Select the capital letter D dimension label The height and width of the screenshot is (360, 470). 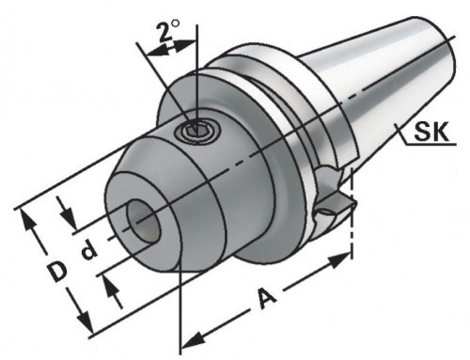click(x=57, y=273)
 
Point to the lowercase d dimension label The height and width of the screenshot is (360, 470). click(x=86, y=252)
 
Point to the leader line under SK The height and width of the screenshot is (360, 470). click(x=423, y=146)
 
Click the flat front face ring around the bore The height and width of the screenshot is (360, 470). click(x=122, y=202)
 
